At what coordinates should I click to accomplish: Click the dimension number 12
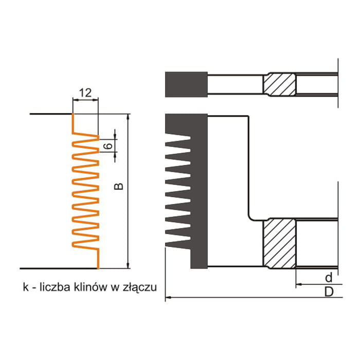pos(85,93)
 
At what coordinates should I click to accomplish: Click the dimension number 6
pos(109,146)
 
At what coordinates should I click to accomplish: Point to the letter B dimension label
pos(119,186)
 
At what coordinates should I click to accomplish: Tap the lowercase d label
pos(329,277)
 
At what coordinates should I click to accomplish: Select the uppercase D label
pos(329,292)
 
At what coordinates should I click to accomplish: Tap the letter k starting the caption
pos(26,287)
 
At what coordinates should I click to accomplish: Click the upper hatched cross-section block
pos(279,84)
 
